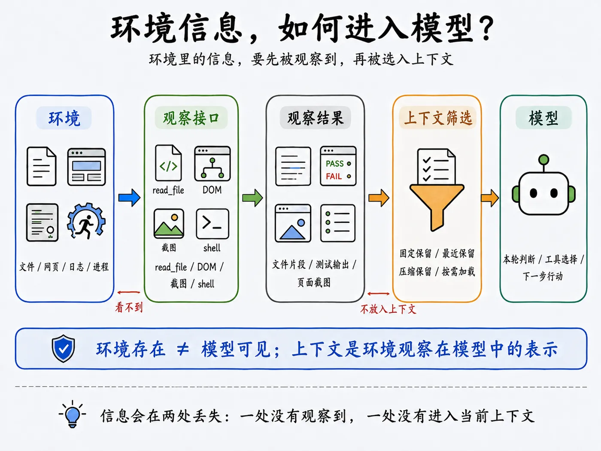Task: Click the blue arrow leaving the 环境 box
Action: [129, 198]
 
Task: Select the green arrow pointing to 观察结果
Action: [252, 198]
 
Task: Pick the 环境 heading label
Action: [64, 118]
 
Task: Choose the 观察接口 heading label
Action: [191, 118]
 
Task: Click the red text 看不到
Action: [129, 307]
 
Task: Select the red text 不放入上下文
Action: [388, 309]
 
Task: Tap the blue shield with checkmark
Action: [63, 348]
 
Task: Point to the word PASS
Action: [334, 164]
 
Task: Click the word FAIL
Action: [334, 177]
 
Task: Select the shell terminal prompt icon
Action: [212, 224]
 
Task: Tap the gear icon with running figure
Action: [86, 221]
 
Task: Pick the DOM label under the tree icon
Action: [212, 190]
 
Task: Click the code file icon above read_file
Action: [168, 163]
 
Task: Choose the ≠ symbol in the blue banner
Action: [182, 349]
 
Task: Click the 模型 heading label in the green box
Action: [543, 118]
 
